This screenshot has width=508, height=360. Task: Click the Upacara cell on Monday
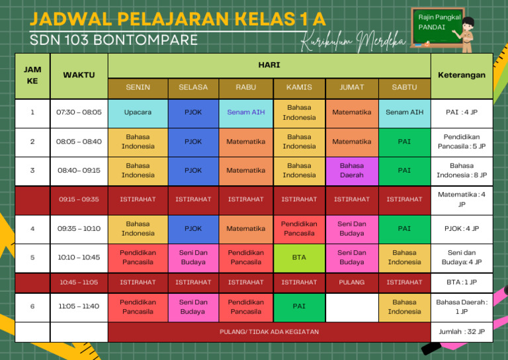[x=138, y=112]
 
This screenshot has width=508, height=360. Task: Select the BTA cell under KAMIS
[x=299, y=257]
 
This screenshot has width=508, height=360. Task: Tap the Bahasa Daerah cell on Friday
[x=351, y=170]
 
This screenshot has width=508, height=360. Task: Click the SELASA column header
[x=193, y=87]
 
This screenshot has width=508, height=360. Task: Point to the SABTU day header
[x=404, y=87]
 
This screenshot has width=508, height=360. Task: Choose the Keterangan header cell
[x=461, y=75]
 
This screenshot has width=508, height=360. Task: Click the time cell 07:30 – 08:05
[x=79, y=112]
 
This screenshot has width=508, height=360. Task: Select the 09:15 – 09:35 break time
[x=79, y=199]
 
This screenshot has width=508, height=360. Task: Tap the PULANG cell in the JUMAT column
[x=351, y=283]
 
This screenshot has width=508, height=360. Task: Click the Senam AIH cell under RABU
[x=246, y=112]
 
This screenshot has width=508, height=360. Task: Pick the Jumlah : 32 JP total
[x=461, y=332]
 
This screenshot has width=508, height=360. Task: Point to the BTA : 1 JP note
[x=461, y=283]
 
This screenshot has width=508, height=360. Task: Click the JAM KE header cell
[x=32, y=75]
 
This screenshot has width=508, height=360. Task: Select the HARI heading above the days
[x=269, y=65]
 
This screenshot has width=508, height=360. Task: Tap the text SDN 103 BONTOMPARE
[x=114, y=40]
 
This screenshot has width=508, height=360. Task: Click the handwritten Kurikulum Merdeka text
[x=353, y=42]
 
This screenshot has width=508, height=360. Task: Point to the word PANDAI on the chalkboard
[x=432, y=28]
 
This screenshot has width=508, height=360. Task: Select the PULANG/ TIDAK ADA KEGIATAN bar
[x=269, y=332]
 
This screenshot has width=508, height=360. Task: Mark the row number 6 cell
[x=32, y=306]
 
